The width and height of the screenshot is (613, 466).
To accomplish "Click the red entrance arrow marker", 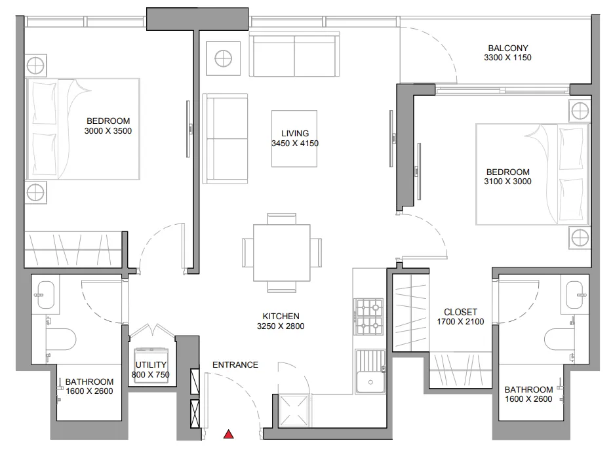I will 228,434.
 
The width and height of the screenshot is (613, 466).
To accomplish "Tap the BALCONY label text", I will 507,48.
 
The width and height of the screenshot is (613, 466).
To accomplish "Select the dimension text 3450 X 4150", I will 294,144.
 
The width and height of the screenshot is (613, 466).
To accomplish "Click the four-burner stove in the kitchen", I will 368,316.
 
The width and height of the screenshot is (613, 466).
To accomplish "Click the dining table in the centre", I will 282,252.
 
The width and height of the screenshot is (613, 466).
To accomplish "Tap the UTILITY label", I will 151,365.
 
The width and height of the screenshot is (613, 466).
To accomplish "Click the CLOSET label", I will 460,312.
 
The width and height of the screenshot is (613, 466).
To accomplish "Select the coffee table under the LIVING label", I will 294,138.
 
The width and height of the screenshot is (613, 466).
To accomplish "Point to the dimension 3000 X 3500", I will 108,130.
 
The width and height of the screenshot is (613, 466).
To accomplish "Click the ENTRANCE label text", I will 235,365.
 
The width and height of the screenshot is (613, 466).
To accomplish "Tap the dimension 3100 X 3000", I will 507,182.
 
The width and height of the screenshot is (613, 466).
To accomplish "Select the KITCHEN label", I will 282,316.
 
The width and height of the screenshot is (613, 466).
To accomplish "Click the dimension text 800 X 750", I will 151,375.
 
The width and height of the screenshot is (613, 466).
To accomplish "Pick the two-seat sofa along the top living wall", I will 294,55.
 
